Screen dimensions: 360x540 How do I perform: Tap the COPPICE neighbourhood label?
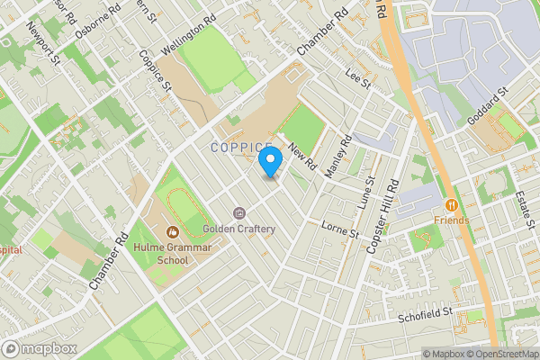[241, 147]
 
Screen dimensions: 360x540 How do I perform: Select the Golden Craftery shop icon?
[238, 213]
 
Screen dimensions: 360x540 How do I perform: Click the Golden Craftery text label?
[238, 229]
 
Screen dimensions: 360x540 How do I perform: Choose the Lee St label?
[357, 80]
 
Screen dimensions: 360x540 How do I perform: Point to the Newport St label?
[42, 50]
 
